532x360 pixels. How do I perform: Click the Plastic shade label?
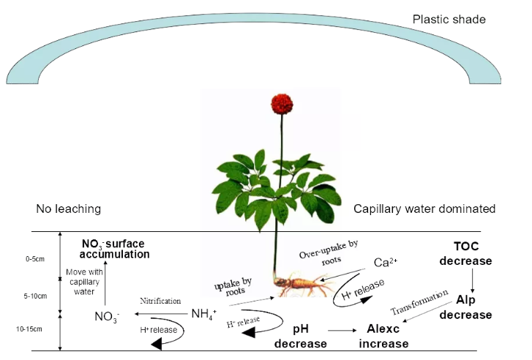(x=449, y=20)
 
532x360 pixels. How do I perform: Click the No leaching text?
(x=68, y=209)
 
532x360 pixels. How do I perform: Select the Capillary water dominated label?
(x=424, y=209)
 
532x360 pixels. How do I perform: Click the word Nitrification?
(x=161, y=301)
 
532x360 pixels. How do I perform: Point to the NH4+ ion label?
(x=204, y=315)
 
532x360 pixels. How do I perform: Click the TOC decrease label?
(x=472, y=255)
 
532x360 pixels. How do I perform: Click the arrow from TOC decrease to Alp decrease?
(x=472, y=281)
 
